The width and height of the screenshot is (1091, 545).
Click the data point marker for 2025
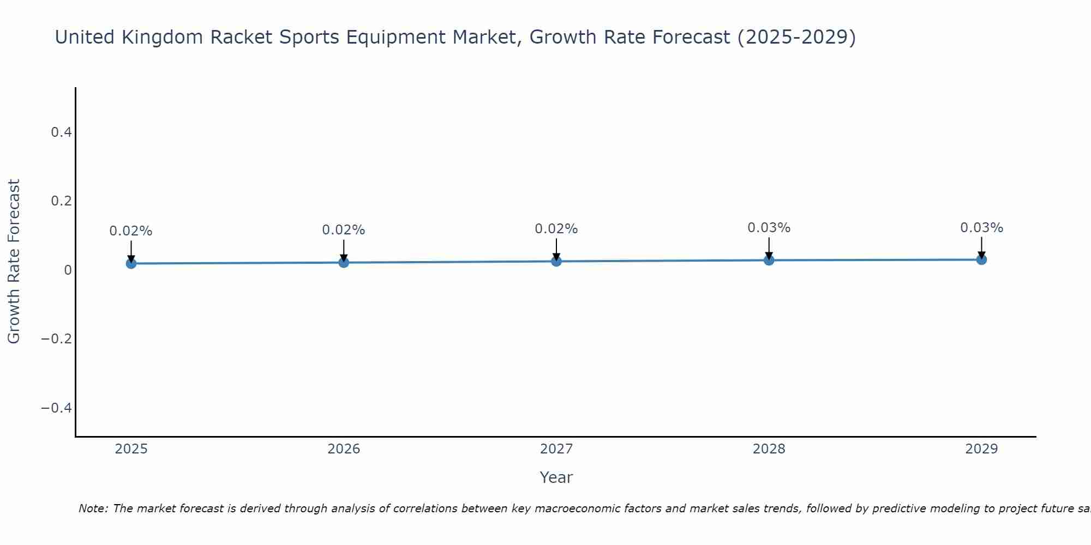(131, 263)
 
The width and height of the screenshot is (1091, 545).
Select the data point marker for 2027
(556, 261)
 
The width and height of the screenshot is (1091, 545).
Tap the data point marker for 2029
(981, 259)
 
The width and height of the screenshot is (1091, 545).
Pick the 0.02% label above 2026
(344, 230)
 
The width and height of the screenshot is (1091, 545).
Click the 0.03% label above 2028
(769, 228)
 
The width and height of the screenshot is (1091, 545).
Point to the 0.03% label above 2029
(981, 228)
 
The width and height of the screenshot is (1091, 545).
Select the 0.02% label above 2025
(131, 231)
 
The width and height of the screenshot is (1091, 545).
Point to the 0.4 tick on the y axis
(61, 132)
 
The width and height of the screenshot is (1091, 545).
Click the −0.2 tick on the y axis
(56, 339)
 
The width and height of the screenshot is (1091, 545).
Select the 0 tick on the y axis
(68, 270)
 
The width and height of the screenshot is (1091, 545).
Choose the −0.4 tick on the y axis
(56, 408)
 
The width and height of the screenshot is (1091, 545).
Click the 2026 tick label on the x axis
(344, 449)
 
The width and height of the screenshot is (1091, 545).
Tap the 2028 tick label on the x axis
(769, 449)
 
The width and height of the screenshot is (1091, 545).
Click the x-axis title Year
(556, 477)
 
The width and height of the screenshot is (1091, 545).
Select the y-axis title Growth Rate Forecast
(14, 261)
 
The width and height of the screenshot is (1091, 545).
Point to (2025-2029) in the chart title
(796, 37)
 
